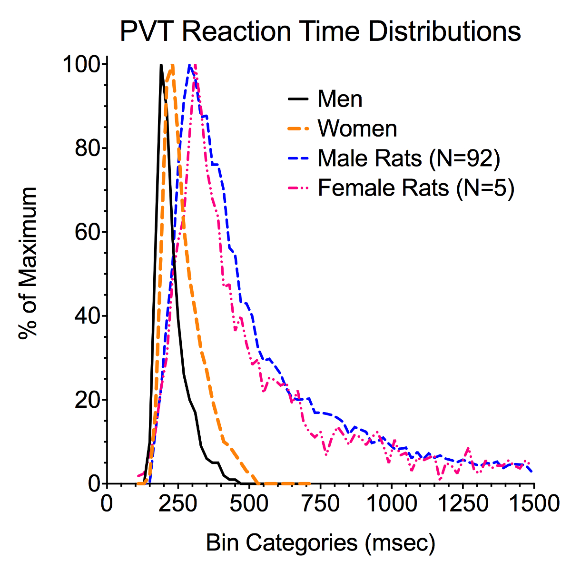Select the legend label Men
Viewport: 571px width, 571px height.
[340, 99]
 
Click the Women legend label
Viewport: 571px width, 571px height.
[357, 128]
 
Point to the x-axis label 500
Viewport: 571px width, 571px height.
[249, 503]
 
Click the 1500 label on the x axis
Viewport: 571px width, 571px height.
[533, 503]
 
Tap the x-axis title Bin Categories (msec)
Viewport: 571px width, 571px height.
[320, 543]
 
